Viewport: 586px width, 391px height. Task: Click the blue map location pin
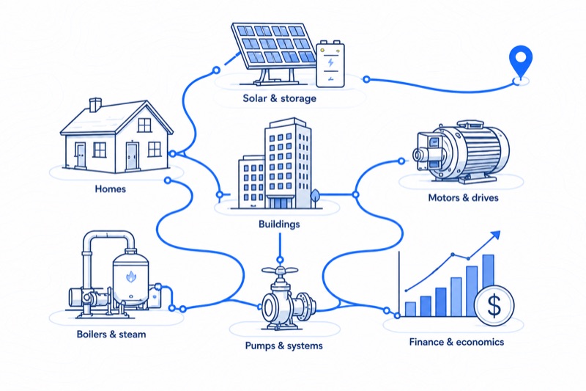[x=520, y=60]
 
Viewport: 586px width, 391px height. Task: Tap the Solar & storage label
[x=280, y=98]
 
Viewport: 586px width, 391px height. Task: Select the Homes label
[x=111, y=189]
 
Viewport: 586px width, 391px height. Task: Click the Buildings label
[x=279, y=224]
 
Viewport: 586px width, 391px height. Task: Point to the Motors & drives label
[x=464, y=197]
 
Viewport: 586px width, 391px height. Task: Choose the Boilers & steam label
[x=111, y=334]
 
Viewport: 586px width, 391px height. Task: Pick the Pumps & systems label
[x=284, y=346]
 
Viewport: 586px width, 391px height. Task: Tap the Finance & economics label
[x=456, y=342]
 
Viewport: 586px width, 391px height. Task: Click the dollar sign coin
[x=494, y=305]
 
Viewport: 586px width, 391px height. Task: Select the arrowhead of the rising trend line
[x=495, y=235]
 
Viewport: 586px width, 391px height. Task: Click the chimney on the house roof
[x=95, y=105]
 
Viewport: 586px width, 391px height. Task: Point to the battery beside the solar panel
[x=330, y=65]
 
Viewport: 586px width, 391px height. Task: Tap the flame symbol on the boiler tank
[x=131, y=276]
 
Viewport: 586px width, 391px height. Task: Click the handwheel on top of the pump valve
[x=280, y=270]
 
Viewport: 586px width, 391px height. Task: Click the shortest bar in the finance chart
[x=410, y=309]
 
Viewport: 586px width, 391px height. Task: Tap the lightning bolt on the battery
[x=330, y=62]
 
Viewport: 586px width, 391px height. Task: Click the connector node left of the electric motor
[x=401, y=161]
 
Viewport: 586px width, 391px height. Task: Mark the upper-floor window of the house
[x=144, y=125]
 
